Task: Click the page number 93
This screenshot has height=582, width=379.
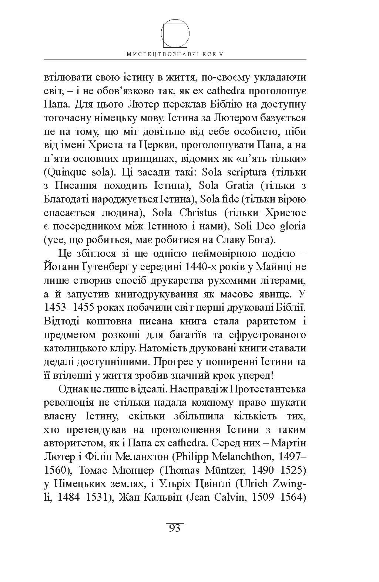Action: pos(175,528)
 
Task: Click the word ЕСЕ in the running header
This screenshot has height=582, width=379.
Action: pos(209,54)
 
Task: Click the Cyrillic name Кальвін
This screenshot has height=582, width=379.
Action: pos(160,498)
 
